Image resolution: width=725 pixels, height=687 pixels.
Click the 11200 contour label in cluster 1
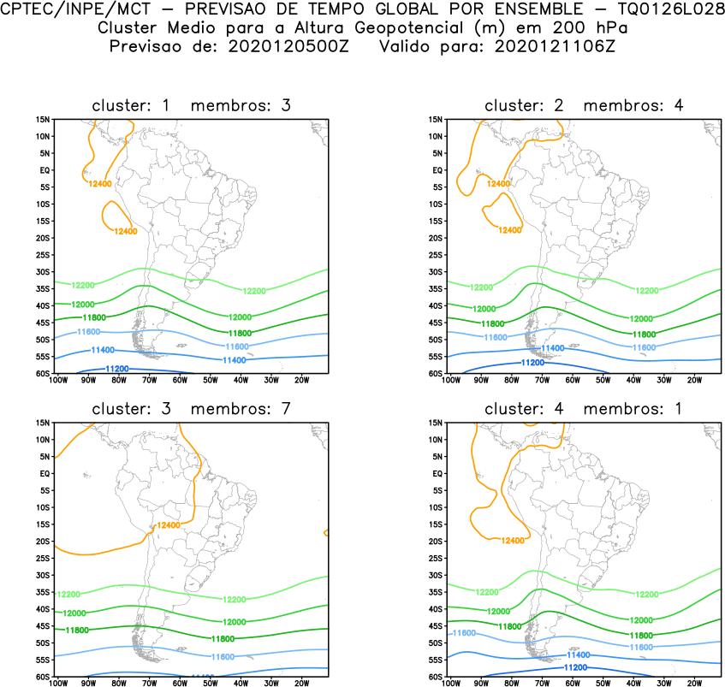(x=116, y=369)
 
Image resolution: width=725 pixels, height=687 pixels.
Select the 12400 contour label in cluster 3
(x=169, y=524)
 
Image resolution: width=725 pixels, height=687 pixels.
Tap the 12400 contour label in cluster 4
(x=512, y=541)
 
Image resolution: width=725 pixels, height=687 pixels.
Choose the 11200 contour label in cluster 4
(x=575, y=667)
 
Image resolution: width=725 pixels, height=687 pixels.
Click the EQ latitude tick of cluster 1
(x=44, y=170)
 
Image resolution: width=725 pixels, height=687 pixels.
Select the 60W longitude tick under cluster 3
(x=180, y=683)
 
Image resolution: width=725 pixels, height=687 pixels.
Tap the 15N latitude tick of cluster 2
(x=435, y=120)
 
